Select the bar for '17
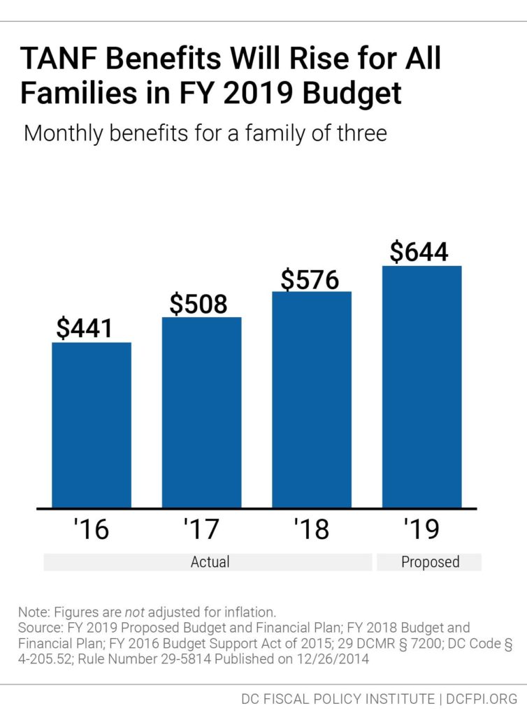point(201,412)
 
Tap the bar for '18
point(311,399)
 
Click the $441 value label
point(84,328)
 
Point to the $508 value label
point(198,304)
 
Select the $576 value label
point(310,279)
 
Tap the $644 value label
point(419,252)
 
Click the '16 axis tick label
point(91,529)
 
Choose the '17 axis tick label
point(201,529)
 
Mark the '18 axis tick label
point(311,529)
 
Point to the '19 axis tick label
point(421,529)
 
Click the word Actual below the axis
point(210,562)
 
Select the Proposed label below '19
point(430,562)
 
